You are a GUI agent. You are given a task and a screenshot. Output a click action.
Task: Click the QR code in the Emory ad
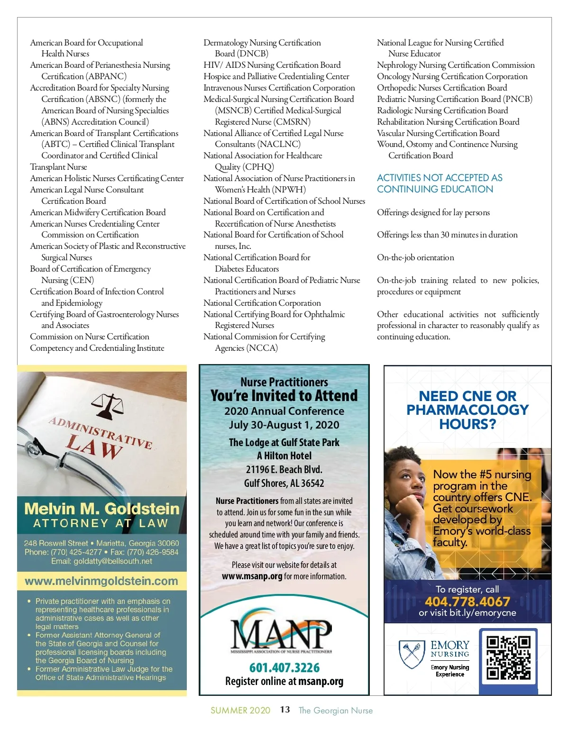pyautogui.click(x=508, y=657)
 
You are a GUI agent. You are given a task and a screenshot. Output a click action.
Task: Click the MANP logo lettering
pyautogui.click(x=281, y=634)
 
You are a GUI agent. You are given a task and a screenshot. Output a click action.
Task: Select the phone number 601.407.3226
pyautogui.click(x=284, y=667)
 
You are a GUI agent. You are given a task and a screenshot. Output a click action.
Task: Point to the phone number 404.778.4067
pyautogui.click(x=467, y=602)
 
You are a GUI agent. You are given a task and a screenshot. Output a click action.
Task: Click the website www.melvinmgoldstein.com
pyautogui.click(x=101, y=581)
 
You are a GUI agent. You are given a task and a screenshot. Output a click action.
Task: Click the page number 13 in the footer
pyautogui.click(x=285, y=710)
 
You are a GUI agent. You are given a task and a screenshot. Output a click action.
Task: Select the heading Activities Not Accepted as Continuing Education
pyautogui.click(x=440, y=183)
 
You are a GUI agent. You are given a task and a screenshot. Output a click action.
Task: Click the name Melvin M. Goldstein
pyautogui.click(x=102, y=509)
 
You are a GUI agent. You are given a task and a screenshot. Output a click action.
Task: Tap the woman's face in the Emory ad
pyautogui.click(x=409, y=479)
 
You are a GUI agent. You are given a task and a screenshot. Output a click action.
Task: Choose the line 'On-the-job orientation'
pyautogui.click(x=415, y=257)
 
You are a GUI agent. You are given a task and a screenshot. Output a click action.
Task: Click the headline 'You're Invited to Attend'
pyautogui.click(x=284, y=396)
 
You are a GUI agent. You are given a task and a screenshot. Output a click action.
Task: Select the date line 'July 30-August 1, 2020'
pyautogui.click(x=284, y=425)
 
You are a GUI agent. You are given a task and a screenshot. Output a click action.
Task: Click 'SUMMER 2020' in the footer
pyautogui.click(x=240, y=710)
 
